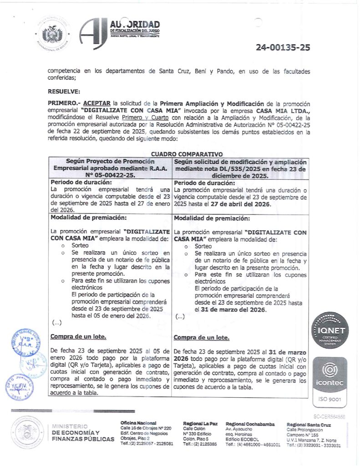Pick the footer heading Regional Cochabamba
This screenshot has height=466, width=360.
(250, 424)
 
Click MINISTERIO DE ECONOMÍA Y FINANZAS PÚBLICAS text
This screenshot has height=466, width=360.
(83, 432)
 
